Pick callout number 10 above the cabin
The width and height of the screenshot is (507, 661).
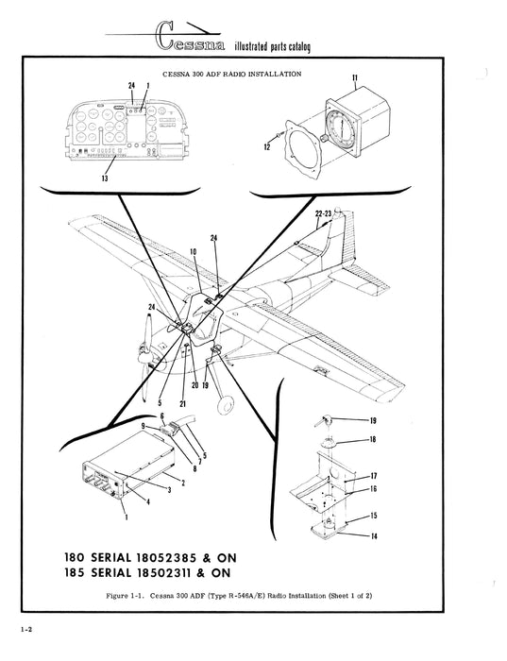(x=193, y=252)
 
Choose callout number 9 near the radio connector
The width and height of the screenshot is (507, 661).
(x=144, y=427)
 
